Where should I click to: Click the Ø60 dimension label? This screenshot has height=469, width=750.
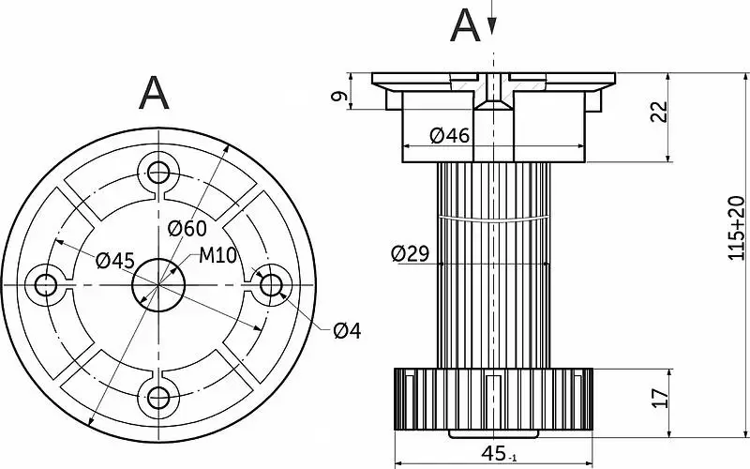pyautogui.click(x=187, y=228)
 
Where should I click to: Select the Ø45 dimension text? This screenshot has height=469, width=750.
pyautogui.click(x=115, y=260)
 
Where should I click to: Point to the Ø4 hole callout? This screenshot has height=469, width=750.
pyautogui.click(x=347, y=330)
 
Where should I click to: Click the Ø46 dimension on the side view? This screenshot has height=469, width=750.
pyautogui.click(x=449, y=136)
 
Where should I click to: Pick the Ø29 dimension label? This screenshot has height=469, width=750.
pyautogui.click(x=410, y=253)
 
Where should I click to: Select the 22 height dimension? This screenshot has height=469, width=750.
pyautogui.click(x=659, y=112)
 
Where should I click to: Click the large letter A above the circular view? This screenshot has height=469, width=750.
pyautogui.click(x=154, y=93)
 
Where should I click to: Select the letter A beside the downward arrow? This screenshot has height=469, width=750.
pyautogui.click(x=465, y=25)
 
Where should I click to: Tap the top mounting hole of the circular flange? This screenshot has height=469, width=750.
pyautogui.click(x=157, y=171)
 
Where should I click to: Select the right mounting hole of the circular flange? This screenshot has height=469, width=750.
pyautogui.click(x=271, y=283)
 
